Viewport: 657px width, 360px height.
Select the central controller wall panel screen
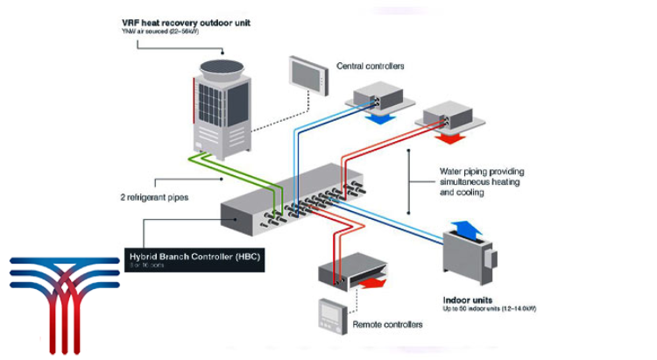coord(303,74)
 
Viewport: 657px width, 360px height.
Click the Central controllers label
coord(371,66)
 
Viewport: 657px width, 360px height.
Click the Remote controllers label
coord(388,324)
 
